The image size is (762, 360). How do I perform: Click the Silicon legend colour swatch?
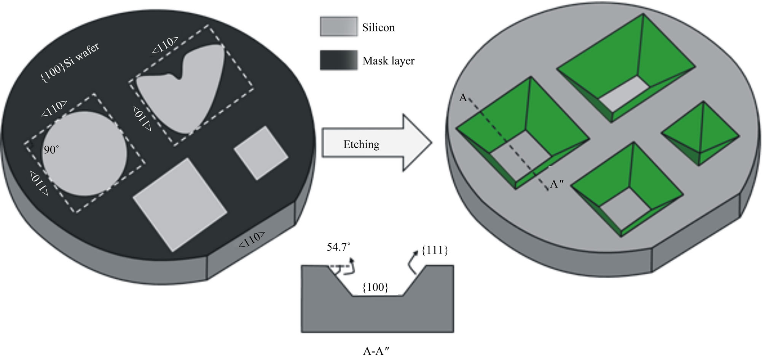click(x=338, y=27)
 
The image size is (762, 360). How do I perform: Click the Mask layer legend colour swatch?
click(x=338, y=60)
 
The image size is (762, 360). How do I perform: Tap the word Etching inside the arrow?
click(x=361, y=145)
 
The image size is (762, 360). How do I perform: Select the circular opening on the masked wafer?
click(x=84, y=154)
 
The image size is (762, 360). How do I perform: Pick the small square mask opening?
click(x=261, y=153)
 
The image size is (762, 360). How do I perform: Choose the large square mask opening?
click(x=180, y=204)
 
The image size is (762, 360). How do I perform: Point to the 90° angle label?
click(x=51, y=150)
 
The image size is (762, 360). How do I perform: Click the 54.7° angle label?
click(x=338, y=247)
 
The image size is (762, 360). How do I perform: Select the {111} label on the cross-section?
click(x=435, y=250)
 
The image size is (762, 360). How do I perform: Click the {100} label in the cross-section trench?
click(x=375, y=287)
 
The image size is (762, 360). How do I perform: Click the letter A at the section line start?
click(x=463, y=98)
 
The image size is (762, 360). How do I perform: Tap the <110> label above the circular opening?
click(x=54, y=109)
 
